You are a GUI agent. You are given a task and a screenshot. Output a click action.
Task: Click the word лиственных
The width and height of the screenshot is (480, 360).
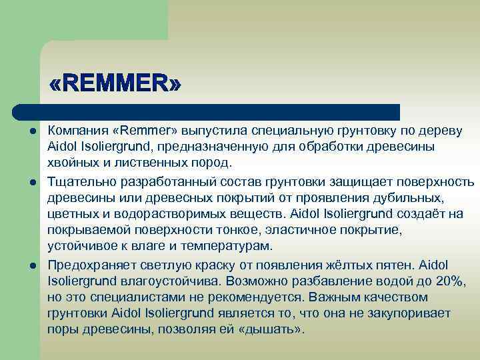pos(151,163)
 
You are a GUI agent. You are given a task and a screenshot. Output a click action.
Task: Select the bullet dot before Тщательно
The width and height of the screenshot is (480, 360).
pos(31,182)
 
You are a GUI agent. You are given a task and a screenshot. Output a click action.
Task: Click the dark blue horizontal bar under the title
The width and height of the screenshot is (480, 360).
pos(207,112)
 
